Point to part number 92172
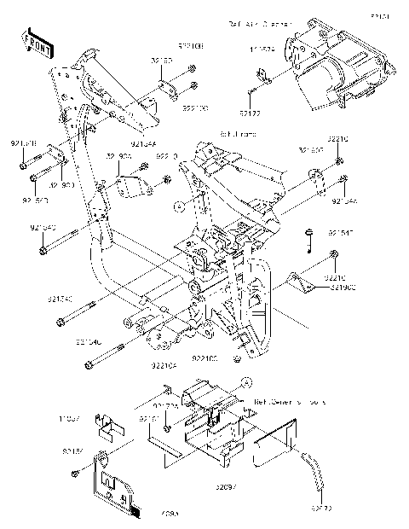click(x=250, y=112)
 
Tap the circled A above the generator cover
click(x=241, y=381)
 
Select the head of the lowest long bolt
click(x=89, y=366)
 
